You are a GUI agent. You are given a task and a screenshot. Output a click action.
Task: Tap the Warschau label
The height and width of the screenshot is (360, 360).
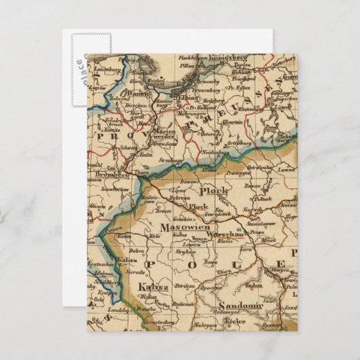[x=223, y=233]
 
